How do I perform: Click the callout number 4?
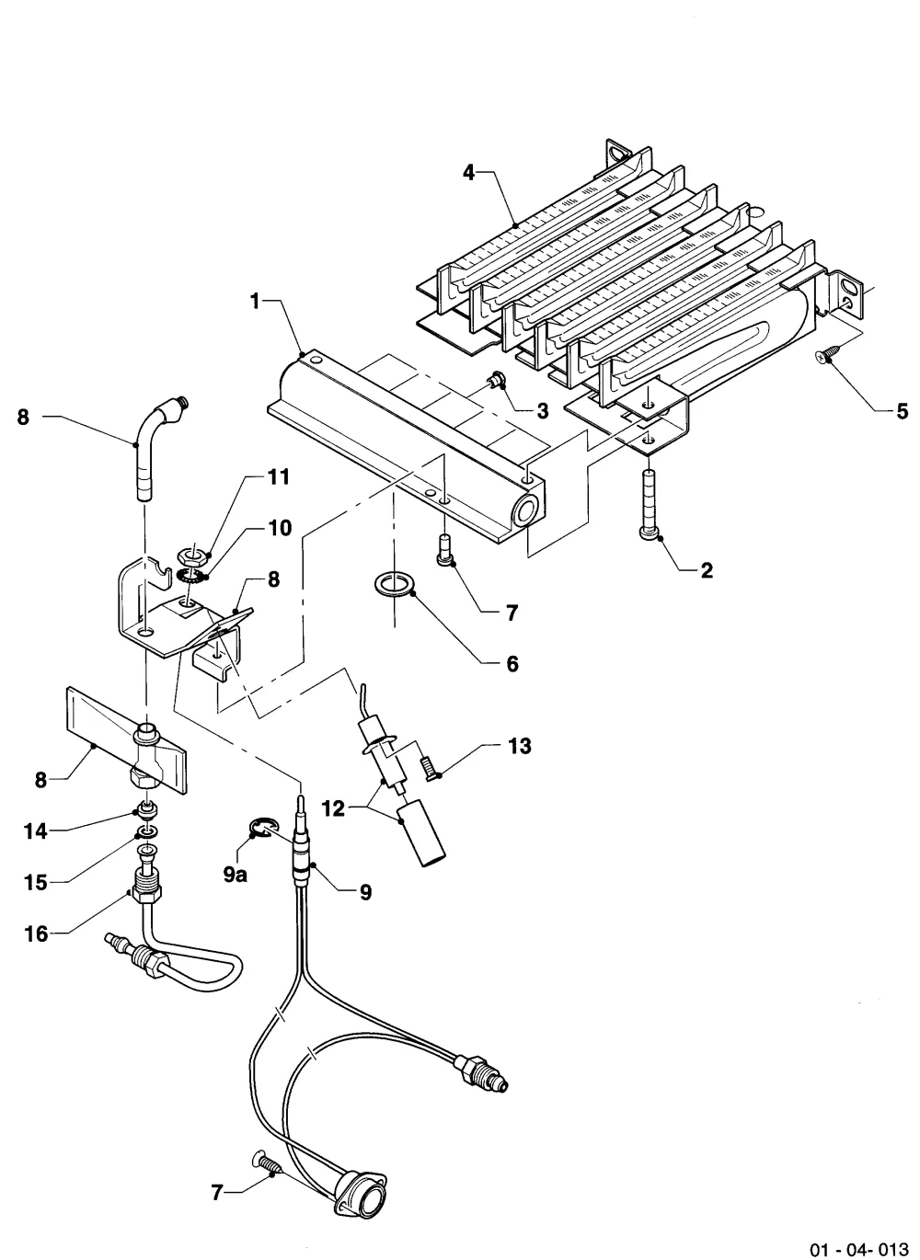pos(468,172)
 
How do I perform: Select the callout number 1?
pos(256,302)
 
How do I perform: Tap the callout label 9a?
pos(236,875)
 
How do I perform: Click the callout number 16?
pos(37,934)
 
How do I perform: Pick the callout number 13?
pos(520,746)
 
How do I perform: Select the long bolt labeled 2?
pos(650,505)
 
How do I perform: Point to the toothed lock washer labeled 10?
pos(191,576)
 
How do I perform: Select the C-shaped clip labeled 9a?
pos(260,830)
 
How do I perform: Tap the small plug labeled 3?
pos(496,380)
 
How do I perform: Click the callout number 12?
pos(333,808)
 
